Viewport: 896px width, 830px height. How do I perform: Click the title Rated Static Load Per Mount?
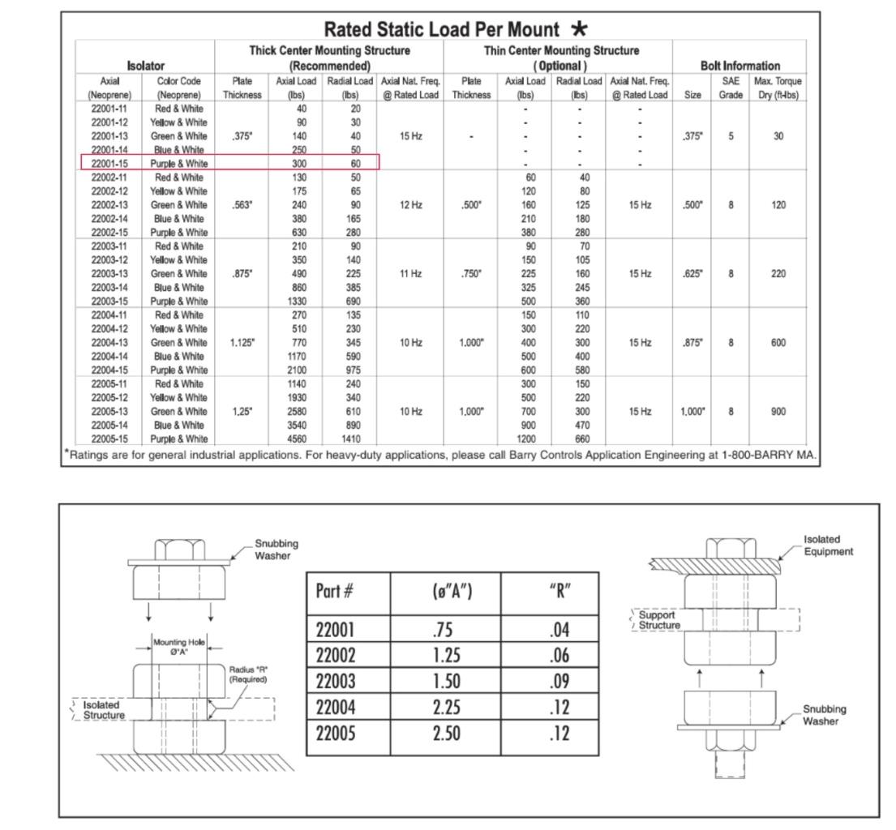click(441, 30)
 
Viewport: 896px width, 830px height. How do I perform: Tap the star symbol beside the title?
click(579, 29)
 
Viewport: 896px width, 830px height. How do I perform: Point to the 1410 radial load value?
click(349, 439)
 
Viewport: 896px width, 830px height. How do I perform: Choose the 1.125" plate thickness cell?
click(242, 343)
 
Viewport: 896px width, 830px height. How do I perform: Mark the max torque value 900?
click(778, 412)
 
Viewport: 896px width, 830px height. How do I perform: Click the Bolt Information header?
click(740, 66)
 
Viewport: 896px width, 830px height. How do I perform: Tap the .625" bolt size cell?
click(692, 274)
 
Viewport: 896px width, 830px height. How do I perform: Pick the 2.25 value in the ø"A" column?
click(446, 708)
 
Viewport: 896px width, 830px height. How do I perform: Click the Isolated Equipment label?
click(828, 545)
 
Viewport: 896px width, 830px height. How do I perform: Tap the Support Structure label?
click(658, 620)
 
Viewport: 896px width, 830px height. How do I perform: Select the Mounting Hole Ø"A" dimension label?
click(179, 647)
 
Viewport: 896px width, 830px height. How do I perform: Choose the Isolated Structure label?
click(104, 710)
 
